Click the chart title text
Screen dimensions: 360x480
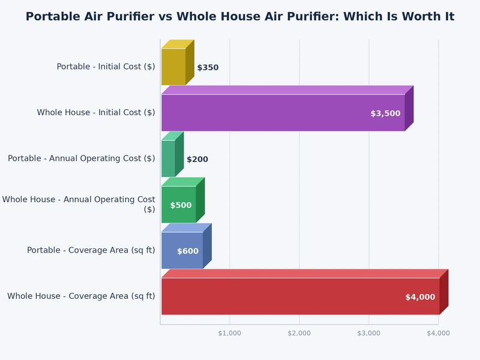[239, 17]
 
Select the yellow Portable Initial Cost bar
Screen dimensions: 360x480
[173, 67]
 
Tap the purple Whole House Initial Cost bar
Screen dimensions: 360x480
[282, 113]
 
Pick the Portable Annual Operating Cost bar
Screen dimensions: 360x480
[168, 158]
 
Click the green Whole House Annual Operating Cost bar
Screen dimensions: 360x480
[178, 205]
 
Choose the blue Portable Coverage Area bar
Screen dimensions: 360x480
[182, 250]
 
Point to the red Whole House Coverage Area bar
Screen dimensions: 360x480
[300, 296]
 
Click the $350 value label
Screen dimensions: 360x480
[208, 68]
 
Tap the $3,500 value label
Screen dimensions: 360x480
[385, 113]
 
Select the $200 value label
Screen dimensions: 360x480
[197, 160]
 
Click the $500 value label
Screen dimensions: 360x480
[181, 205]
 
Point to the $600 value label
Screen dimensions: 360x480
[188, 251]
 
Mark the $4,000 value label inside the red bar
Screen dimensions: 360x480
[420, 297]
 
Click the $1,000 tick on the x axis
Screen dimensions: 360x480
[230, 333]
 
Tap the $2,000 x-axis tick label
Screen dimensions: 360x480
[299, 333]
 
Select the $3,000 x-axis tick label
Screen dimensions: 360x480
[369, 333]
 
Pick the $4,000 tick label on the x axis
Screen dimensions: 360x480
[439, 333]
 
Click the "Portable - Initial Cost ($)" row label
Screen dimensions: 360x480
[106, 67]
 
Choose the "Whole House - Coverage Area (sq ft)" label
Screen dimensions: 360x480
[81, 296]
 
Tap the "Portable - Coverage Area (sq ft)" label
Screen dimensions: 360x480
[91, 250]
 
